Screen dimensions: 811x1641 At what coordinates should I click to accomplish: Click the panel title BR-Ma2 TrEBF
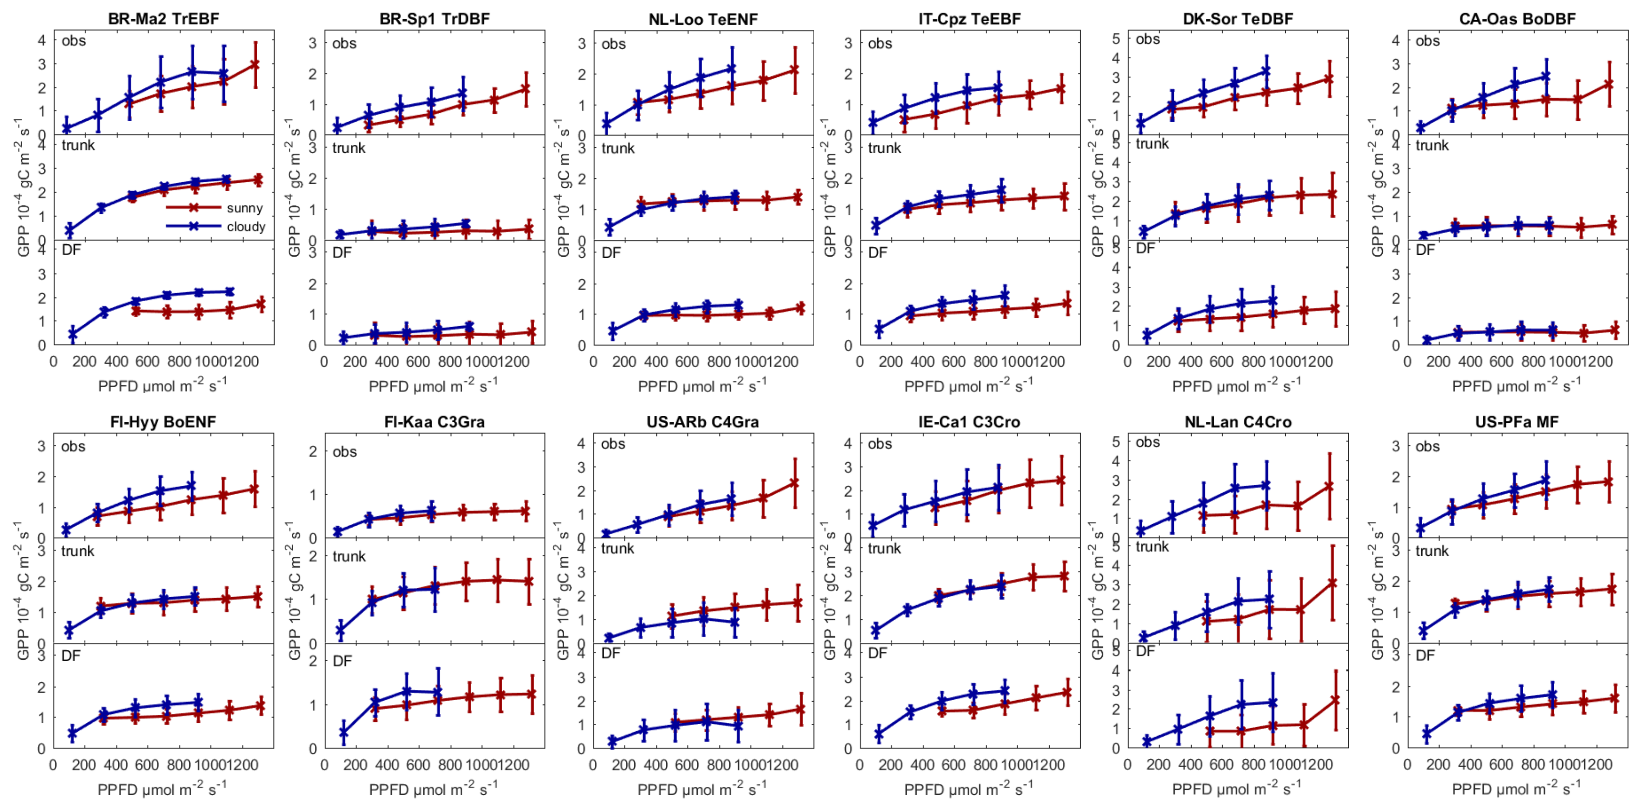pyautogui.click(x=163, y=18)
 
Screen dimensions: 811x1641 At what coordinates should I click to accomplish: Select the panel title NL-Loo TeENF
pyautogui.click(x=703, y=19)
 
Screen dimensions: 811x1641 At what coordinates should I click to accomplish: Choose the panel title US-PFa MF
pyautogui.click(x=1517, y=422)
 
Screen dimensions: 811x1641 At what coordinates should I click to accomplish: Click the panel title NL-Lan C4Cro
pyautogui.click(x=1238, y=422)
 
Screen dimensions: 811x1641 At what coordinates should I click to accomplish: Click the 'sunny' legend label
pyautogui.click(x=244, y=208)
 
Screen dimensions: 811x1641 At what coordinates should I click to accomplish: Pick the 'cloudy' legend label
pyautogui.click(x=246, y=227)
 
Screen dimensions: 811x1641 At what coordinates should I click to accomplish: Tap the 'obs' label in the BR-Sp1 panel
pyautogui.click(x=344, y=44)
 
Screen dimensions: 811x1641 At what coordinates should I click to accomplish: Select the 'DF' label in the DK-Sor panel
pyautogui.click(x=1145, y=248)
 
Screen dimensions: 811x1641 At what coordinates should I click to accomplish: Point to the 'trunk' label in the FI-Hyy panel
pyautogui.click(x=78, y=551)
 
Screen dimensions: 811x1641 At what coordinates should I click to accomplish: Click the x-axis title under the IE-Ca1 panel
pyautogui.click(x=968, y=789)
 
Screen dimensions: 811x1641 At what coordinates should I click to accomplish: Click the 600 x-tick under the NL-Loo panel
pyautogui.click(x=687, y=362)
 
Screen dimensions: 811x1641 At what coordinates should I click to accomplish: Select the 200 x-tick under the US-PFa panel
pyautogui.click(x=1438, y=765)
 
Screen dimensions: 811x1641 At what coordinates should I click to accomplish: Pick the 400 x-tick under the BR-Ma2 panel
pyautogui.click(x=116, y=362)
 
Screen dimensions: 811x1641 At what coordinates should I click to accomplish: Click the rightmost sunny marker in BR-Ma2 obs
pyautogui.click(x=255, y=65)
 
